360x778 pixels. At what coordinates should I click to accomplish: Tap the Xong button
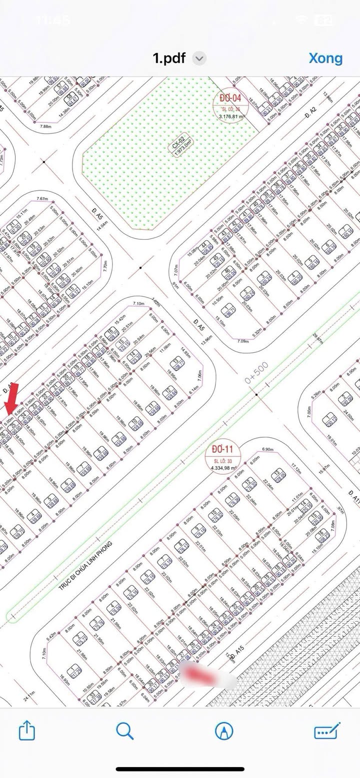(x=325, y=58)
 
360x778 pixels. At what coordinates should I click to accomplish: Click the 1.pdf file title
(x=169, y=58)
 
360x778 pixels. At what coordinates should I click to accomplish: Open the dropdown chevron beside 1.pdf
(x=199, y=58)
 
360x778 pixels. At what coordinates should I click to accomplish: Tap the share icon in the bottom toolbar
(x=27, y=732)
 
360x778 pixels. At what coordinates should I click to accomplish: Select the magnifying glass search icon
(x=124, y=732)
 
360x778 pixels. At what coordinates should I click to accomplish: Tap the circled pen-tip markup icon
(x=223, y=732)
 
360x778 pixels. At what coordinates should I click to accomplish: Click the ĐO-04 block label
(x=230, y=97)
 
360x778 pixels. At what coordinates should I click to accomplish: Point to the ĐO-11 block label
(x=222, y=449)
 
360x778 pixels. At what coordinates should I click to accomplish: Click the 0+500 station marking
(x=256, y=373)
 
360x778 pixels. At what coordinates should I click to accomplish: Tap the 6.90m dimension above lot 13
(x=267, y=450)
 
